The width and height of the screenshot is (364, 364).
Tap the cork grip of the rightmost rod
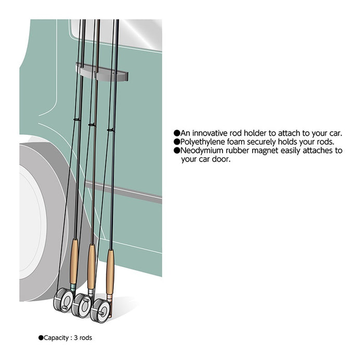[110, 271]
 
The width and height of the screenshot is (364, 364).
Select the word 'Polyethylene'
[203, 142]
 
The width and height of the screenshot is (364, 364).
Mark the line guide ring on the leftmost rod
[76, 120]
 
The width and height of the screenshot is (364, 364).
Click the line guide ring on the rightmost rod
[111, 129]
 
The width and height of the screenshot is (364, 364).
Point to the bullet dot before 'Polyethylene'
[177, 142]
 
